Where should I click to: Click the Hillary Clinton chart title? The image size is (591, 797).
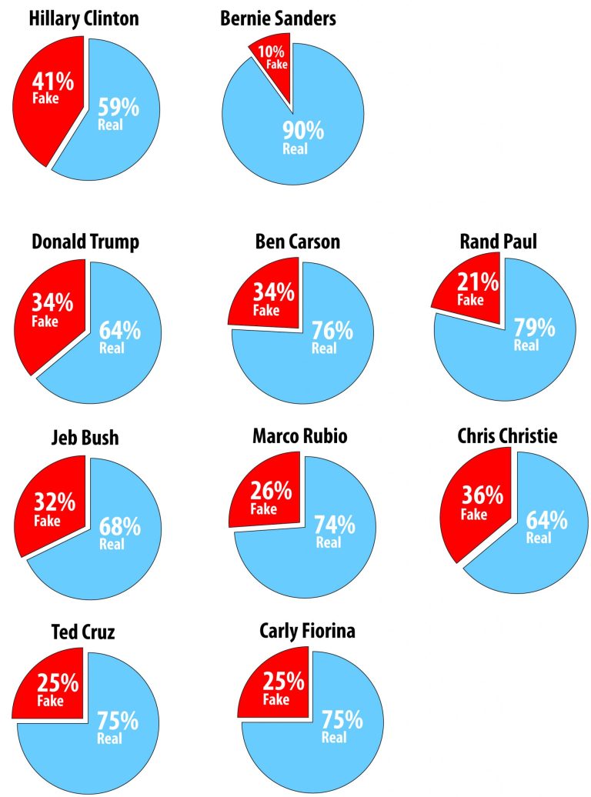(84, 18)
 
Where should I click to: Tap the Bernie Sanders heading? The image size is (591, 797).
(278, 18)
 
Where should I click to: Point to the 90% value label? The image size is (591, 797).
(302, 132)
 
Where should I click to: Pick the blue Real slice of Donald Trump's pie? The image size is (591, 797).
(115, 362)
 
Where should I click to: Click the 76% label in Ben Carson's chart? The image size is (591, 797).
(332, 330)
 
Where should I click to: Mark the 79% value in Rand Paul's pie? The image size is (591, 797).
(533, 327)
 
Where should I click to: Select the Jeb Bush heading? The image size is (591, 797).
(85, 438)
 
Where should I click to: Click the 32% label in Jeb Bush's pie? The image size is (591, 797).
(54, 502)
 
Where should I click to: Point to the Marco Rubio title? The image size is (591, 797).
(300, 436)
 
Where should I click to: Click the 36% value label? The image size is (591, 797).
(482, 495)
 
